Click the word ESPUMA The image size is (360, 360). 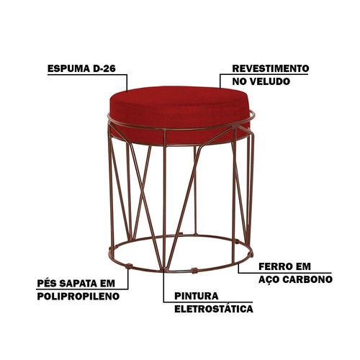[68, 68]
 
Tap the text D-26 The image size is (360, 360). [104, 68]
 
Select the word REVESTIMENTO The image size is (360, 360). [271, 68]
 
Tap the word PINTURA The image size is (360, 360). [197, 296]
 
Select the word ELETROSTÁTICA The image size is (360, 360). [214, 309]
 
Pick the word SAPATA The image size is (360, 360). [78, 284]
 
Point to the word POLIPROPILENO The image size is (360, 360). [78, 297]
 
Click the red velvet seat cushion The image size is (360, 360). [178, 113]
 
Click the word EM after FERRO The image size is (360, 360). [302, 266]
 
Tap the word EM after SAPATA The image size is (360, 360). [108, 284]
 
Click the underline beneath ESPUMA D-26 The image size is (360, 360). [87, 75]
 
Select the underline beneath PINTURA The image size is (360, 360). [208, 302]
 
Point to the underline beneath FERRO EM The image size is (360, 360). [284, 273]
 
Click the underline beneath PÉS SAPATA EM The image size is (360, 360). [83, 289]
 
